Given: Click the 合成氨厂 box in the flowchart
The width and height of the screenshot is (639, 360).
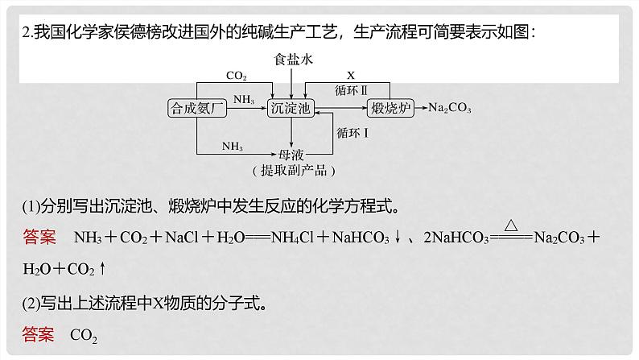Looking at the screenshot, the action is pyautogui.click(x=194, y=108).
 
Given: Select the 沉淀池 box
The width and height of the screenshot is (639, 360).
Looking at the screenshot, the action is pyautogui.click(x=291, y=108).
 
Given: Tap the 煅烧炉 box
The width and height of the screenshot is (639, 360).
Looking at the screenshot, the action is pyautogui.click(x=390, y=108).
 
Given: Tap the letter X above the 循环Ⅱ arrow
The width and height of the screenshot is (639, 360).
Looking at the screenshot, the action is pyautogui.click(x=351, y=74).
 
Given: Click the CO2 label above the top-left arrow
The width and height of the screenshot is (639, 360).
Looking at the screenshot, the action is pyautogui.click(x=236, y=76).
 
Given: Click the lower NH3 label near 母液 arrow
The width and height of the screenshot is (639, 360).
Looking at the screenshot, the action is pyautogui.click(x=233, y=145).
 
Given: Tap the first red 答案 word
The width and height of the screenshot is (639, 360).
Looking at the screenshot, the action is pyautogui.click(x=39, y=238).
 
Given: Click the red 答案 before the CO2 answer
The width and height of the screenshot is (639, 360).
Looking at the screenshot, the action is pyautogui.click(x=39, y=334).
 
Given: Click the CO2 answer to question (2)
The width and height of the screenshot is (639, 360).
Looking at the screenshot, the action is pyautogui.click(x=84, y=335).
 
